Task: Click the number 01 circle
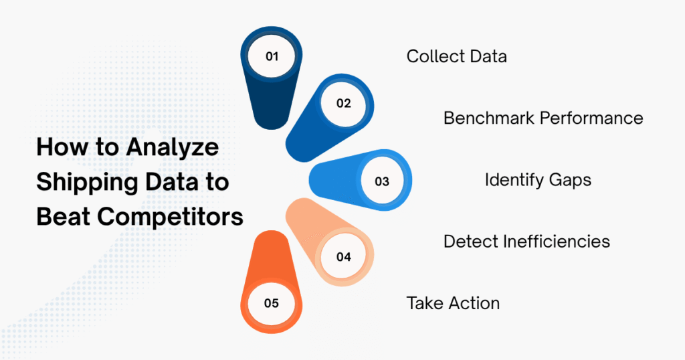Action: [x=272, y=57]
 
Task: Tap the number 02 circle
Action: [x=343, y=103]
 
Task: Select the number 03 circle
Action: [x=382, y=181]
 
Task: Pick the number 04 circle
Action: [x=343, y=256]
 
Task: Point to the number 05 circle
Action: [x=272, y=303]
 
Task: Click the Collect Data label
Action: [x=456, y=56]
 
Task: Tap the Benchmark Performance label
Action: [x=543, y=118]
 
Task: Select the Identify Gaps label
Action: [x=538, y=180]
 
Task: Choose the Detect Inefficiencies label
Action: [x=526, y=241]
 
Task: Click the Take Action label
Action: [x=453, y=303]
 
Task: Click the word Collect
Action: [x=430, y=56]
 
